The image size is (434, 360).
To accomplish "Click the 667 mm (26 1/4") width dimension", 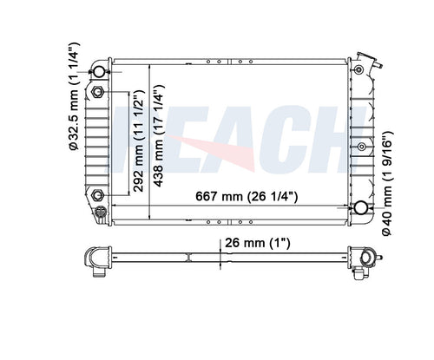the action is click(247, 196).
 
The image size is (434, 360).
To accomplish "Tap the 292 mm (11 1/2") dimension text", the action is click(139, 141).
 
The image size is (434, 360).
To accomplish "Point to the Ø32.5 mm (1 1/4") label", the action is click(74, 96).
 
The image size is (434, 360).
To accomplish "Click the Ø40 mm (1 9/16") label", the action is click(387, 183).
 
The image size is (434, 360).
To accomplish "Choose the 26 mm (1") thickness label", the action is click(257, 243).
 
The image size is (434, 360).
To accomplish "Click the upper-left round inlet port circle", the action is click(99, 71).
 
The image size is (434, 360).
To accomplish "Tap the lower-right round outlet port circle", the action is click(361, 207).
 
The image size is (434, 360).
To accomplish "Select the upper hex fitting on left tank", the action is click(97, 92).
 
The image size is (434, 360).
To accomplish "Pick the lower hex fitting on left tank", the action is click(97, 195).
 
